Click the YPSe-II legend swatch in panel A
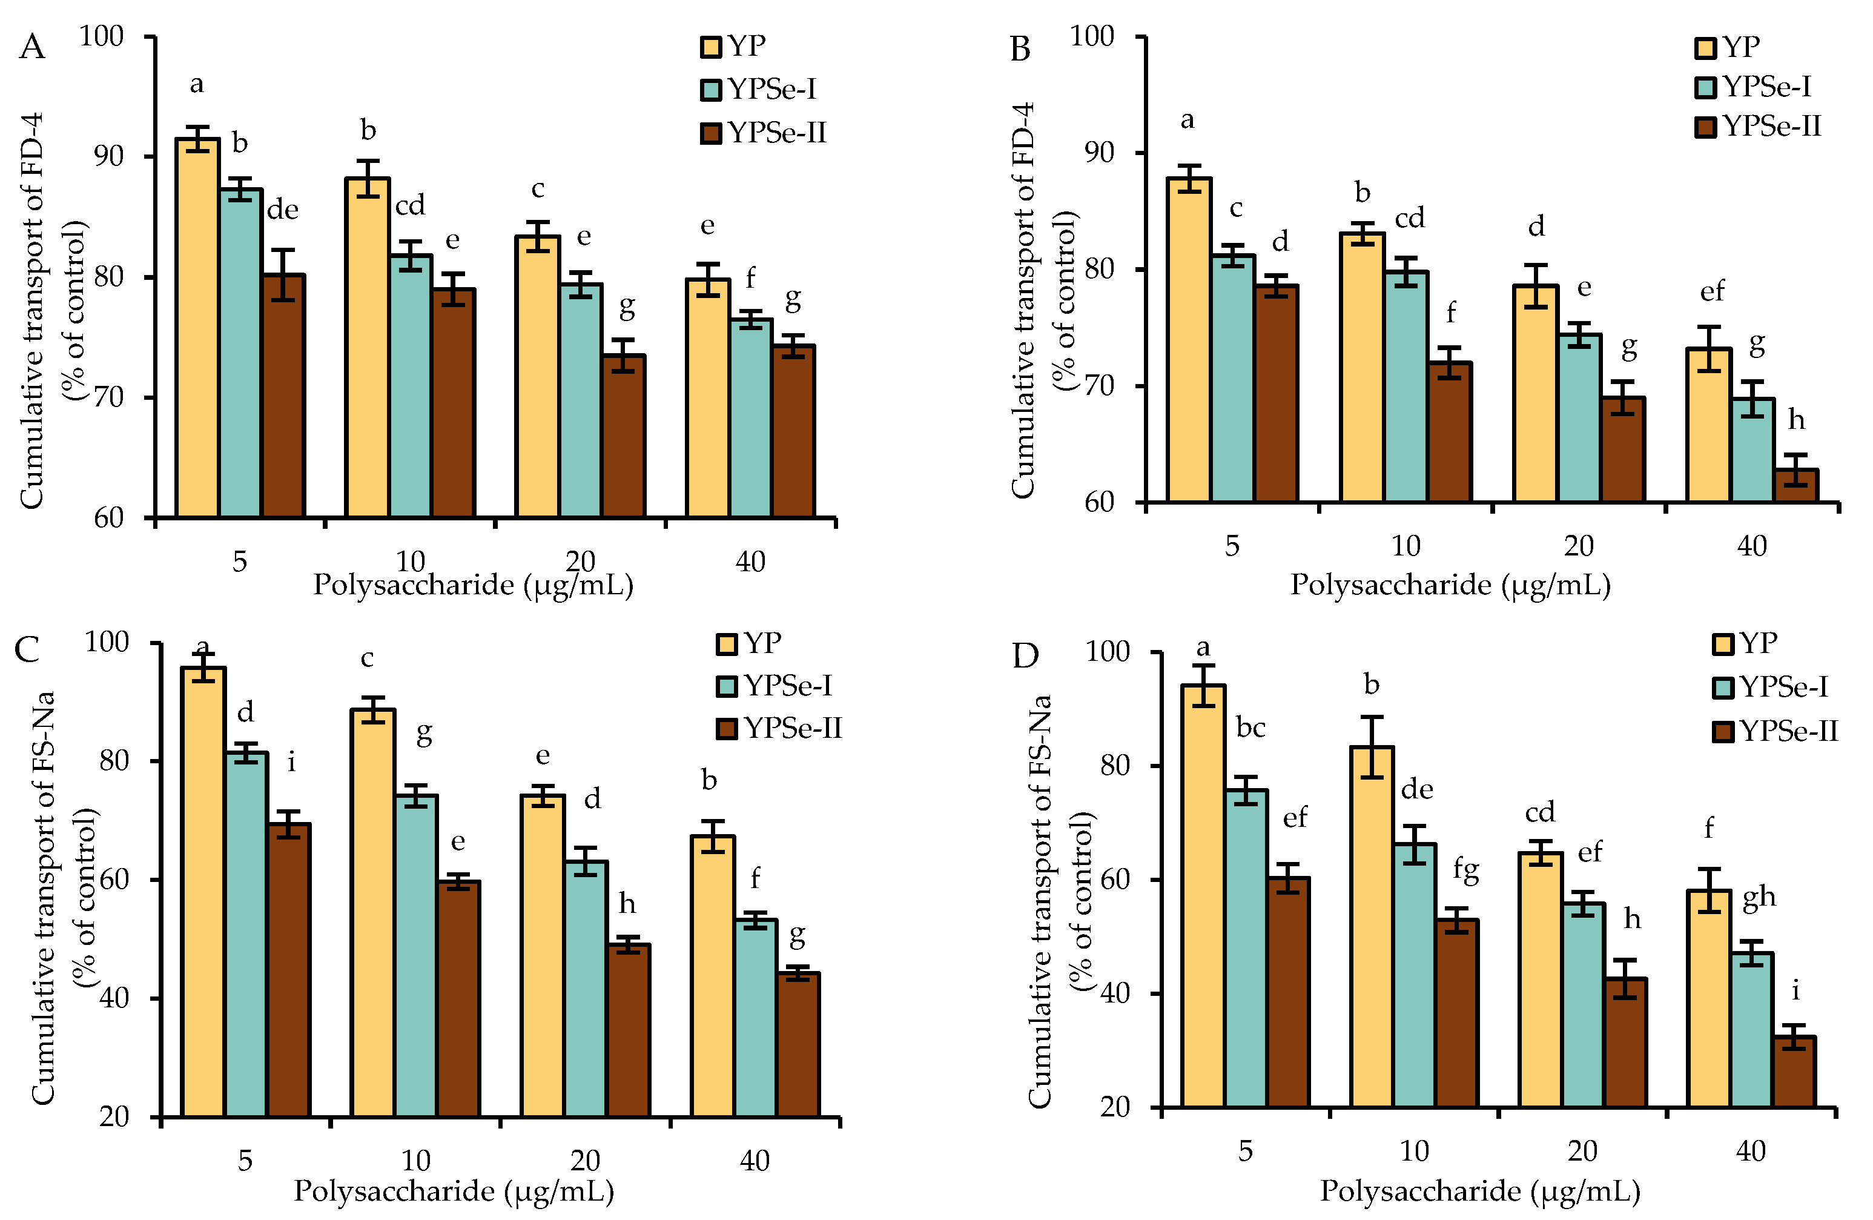coord(711,133)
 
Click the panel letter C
coord(27,650)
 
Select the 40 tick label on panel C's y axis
coord(114,998)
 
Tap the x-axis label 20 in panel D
coord(1582,1151)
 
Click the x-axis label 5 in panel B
coord(1232,545)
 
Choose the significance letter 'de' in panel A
coord(283,210)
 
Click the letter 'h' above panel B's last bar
coord(1796,420)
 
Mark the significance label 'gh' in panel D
coord(1759,897)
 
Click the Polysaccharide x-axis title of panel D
coord(1479,1191)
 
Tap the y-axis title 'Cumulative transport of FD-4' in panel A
coord(31,311)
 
